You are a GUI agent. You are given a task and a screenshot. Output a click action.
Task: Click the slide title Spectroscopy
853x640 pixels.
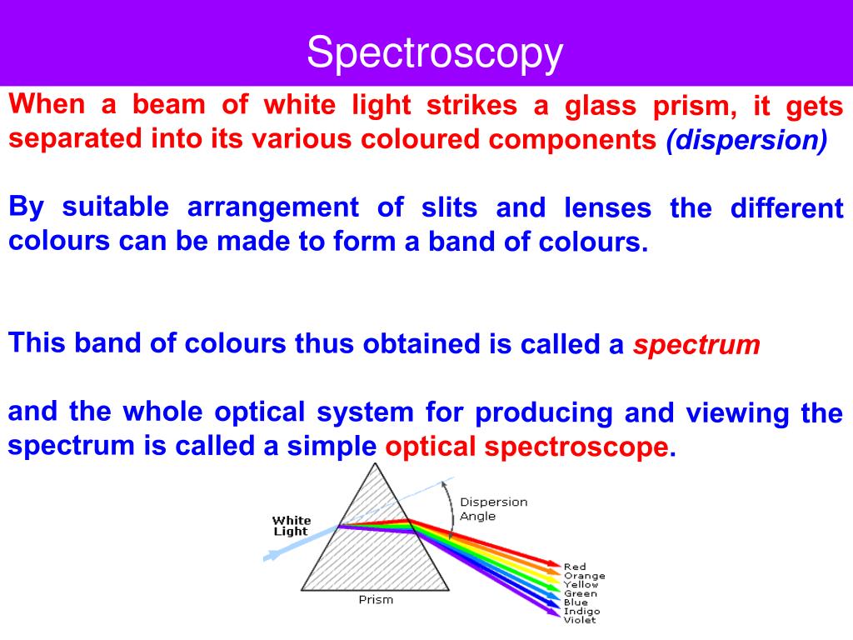point(435,53)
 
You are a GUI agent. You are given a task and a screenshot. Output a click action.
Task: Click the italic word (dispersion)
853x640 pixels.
point(746,140)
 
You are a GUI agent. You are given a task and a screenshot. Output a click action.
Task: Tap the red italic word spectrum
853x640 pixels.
point(696,345)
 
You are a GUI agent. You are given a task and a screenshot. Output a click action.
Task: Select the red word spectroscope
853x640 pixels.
point(576,447)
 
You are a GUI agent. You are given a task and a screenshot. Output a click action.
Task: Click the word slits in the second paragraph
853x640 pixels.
point(451,207)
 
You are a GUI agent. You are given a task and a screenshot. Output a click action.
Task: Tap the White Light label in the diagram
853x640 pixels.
point(291,526)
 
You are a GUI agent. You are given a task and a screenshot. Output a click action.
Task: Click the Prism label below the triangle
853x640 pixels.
point(375,600)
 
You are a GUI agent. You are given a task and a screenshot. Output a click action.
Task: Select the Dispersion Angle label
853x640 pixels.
point(493,509)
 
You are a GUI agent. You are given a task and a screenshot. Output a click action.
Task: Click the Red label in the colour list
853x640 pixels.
point(575,567)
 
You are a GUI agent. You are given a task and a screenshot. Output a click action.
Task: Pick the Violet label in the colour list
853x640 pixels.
point(580,620)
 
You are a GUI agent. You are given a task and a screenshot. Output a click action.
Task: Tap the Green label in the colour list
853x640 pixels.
point(580,593)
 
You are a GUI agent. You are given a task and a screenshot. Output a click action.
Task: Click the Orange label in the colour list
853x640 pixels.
point(584,576)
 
